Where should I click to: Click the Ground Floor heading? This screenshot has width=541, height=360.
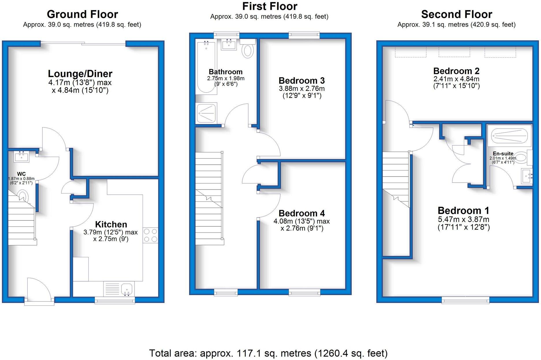(82, 14)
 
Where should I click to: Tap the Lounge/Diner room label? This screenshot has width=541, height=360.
(80, 74)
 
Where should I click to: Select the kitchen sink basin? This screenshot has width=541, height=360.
(126, 289)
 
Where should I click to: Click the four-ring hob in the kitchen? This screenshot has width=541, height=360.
(150, 235)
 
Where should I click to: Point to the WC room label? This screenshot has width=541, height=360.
(21, 174)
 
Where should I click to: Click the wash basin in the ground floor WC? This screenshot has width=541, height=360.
(21, 157)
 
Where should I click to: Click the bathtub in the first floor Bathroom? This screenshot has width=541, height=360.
(206, 68)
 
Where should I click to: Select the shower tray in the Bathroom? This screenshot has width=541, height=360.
(206, 113)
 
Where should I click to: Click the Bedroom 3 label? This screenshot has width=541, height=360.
(301, 80)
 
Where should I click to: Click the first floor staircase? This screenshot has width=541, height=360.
(208, 199)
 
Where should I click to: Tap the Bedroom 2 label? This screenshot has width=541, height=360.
(456, 71)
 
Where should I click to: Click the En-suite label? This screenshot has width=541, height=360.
(503, 154)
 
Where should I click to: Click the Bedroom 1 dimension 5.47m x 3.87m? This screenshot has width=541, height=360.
(463, 219)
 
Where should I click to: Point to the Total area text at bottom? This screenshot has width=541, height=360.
(268, 353)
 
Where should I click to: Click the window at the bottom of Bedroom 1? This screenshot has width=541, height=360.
(465, 301)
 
